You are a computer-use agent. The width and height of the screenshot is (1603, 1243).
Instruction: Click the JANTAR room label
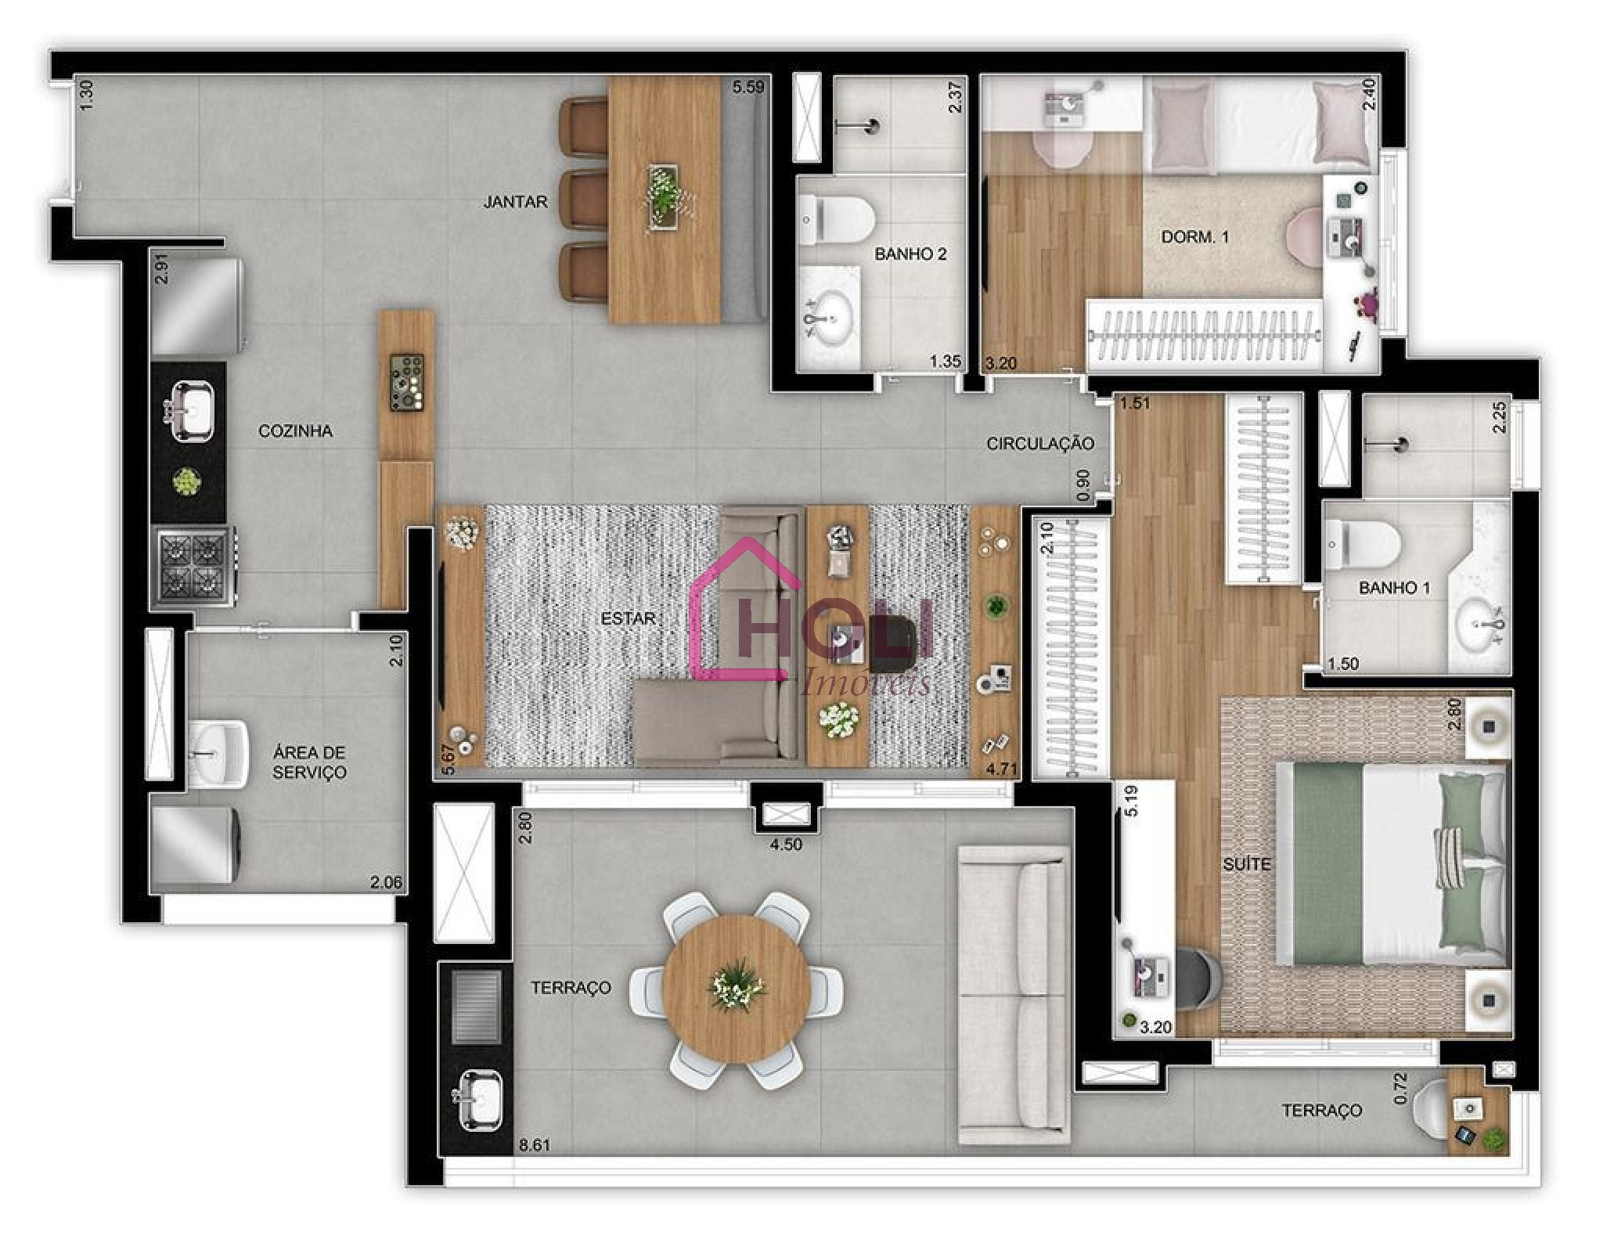(x=515, y=202)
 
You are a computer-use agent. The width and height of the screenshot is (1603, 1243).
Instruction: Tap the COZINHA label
(x=295, y=431)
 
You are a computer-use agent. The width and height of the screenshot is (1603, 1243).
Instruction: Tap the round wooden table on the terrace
(x=737, y=988)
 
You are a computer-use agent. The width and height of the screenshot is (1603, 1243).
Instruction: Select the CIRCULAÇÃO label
(x=1039, y=444)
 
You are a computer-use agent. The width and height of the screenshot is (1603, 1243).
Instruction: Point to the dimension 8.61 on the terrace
(x=535, y=1145)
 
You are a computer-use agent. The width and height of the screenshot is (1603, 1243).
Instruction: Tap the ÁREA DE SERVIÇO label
(x=309, y=762)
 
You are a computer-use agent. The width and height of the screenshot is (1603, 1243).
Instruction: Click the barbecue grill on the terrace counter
(x=477, y=1007)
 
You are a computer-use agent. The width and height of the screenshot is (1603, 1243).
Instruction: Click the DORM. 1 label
(x=1194, y=236)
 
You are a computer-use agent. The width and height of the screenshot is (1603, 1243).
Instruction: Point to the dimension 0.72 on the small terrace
(x=1401, y=1088)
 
